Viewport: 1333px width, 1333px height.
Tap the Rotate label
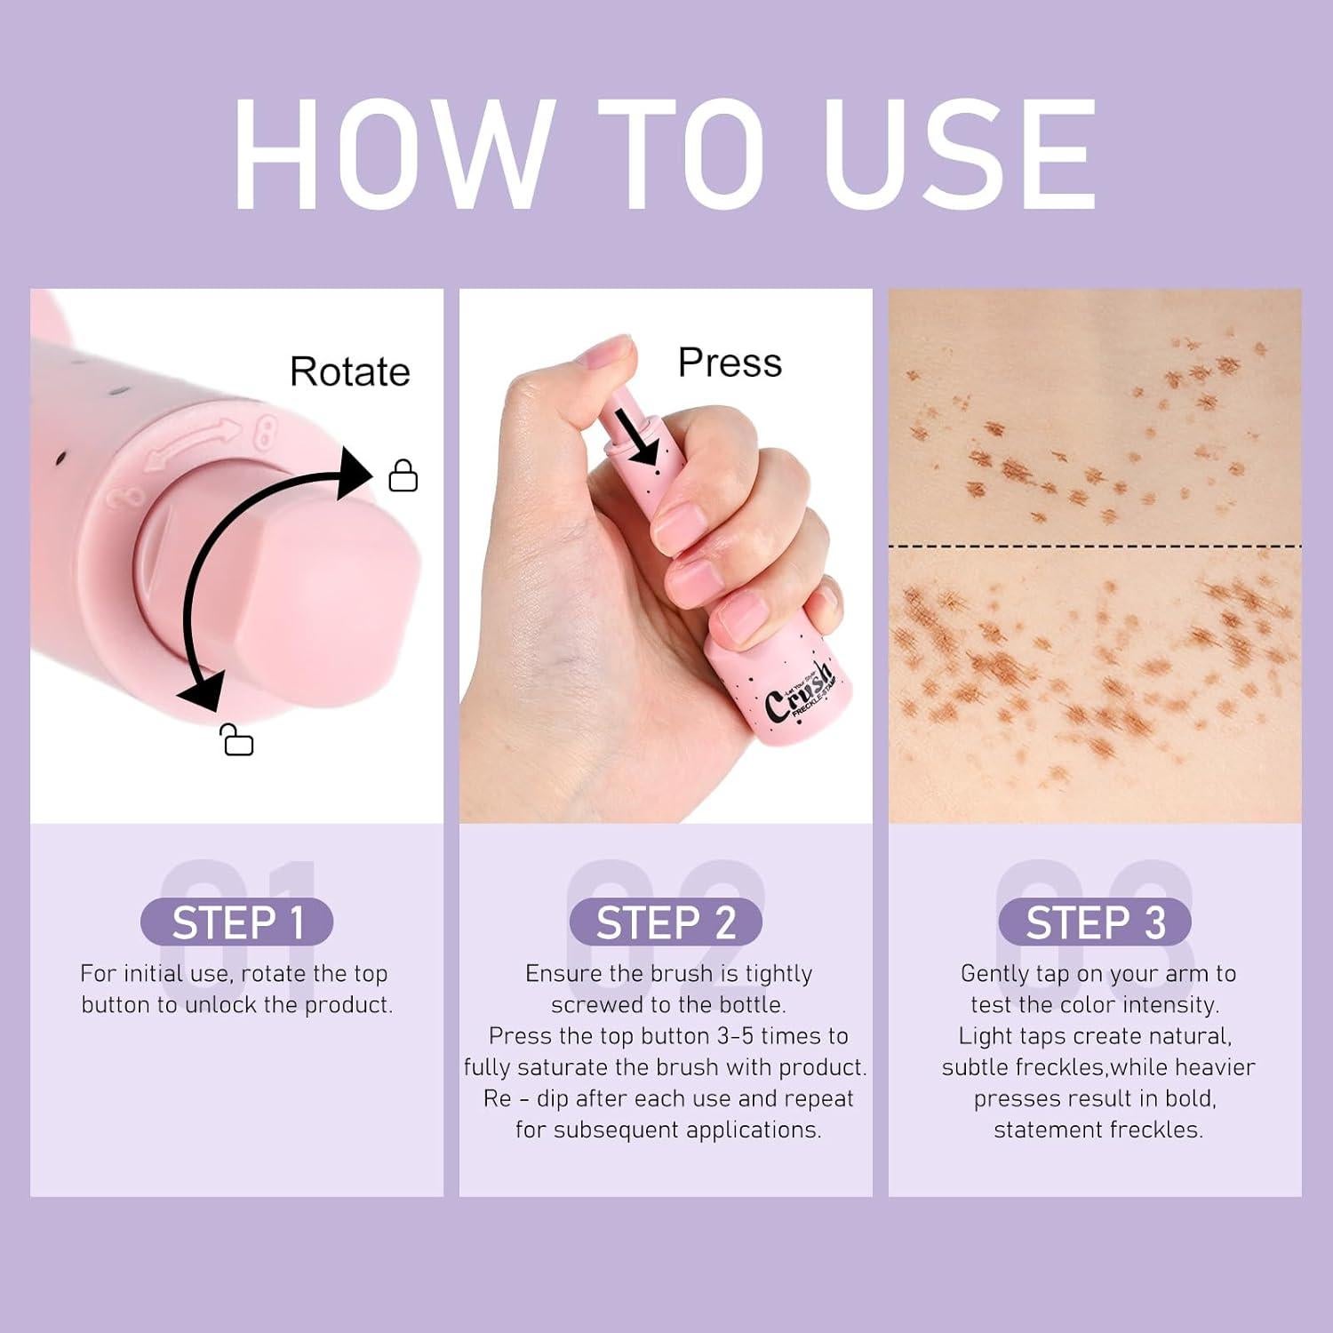coord(349,371)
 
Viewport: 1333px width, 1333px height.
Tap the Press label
coord(730,363)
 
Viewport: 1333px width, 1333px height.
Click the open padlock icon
coord(237,740)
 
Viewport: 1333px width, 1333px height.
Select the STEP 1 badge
coord(237,922)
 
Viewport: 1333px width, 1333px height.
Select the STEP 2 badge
coord(666,922)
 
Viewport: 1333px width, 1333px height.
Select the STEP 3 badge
coord(1095,922)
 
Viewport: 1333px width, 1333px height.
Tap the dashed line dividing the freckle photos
coord(1095,546)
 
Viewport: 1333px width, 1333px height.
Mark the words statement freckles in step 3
coord(1098,1129)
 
